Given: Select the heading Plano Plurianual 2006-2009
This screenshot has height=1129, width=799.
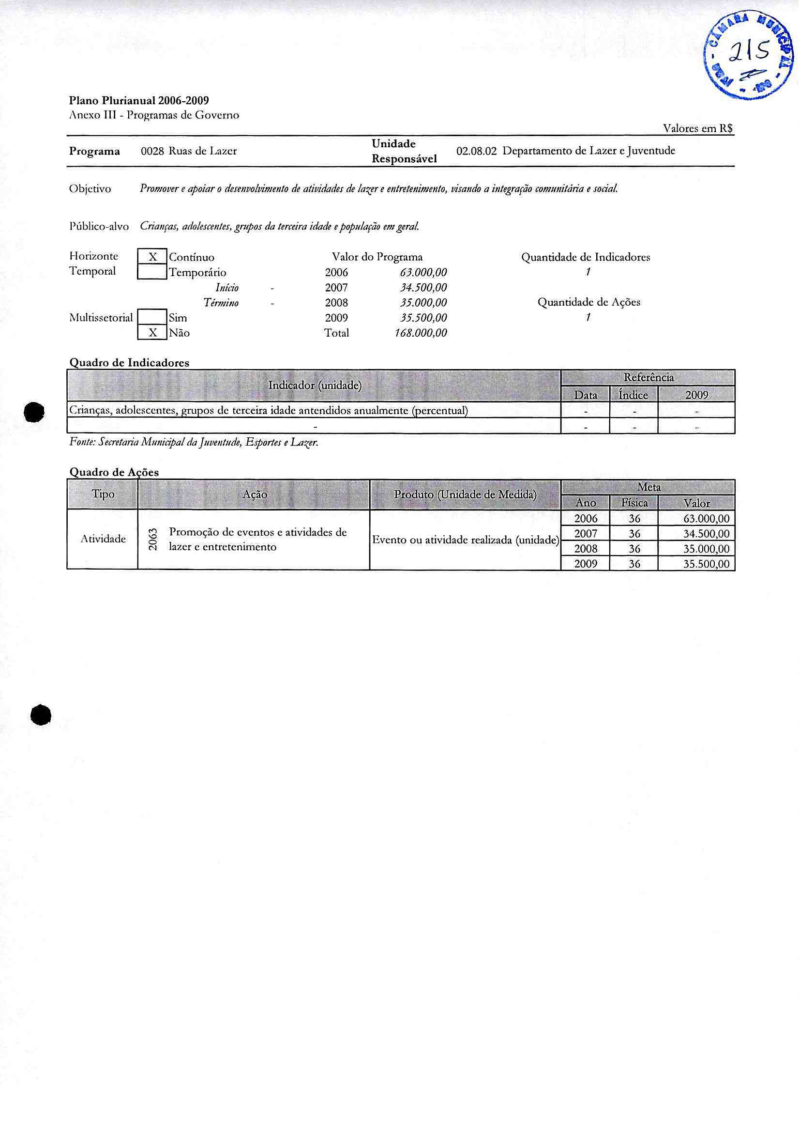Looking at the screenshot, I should point(139,101).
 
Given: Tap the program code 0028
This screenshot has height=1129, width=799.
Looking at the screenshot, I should point(152,151).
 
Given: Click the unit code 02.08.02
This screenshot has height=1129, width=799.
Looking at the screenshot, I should point(476,151).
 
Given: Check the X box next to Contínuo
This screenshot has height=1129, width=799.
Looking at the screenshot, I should point(152,257).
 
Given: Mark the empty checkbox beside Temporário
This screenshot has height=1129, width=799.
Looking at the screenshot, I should point(152,272).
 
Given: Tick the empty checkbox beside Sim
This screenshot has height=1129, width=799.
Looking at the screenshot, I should point(152,318).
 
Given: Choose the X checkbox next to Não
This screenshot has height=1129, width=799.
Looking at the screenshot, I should point(152,333).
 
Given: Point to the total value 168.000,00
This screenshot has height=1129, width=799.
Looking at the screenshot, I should point(421,333).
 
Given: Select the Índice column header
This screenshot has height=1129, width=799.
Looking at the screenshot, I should point(633,395).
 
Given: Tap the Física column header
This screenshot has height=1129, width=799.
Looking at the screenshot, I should point(634,503).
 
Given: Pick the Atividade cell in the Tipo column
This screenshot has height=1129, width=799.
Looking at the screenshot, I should point(103,539).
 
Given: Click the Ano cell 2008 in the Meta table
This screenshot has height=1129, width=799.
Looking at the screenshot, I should point(586,548).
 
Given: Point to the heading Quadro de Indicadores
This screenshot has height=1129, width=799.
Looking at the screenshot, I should point(129,363).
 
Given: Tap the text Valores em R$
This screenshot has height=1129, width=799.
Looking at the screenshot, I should point(698,128).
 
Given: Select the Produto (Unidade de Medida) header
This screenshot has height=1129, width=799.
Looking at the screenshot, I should point(465,495).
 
